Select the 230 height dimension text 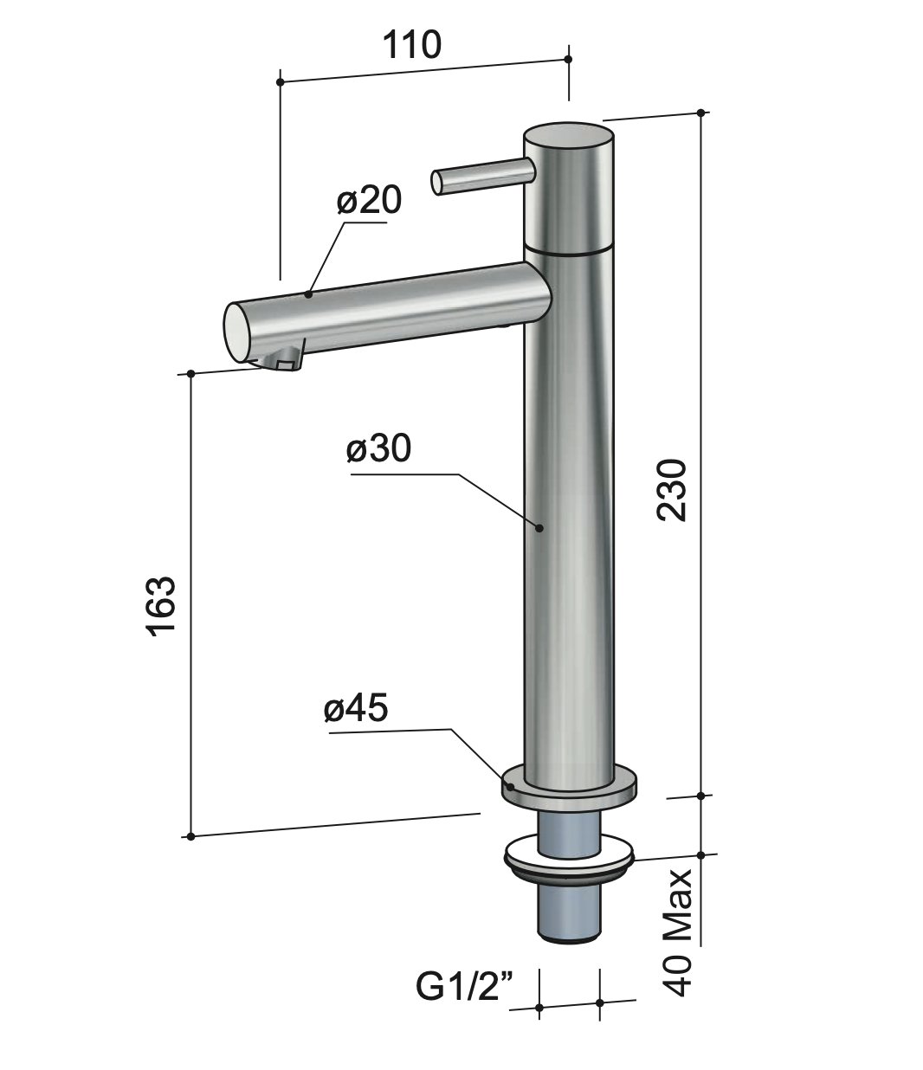click(x=673, y=490)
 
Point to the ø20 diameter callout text click(x=370, y=201)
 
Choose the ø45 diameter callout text click(x=356, y=709)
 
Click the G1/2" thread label click(x=464, y=986)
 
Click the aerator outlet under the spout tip click(x=284, y=362)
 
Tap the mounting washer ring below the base click(x=569, y=857)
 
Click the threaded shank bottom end click(x=568, y=931)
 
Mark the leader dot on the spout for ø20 click(x=309, y=295)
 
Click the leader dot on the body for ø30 click(x=539, y=526)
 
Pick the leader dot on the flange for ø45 click(x=511, y=787)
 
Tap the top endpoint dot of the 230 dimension click(x=700, y=112)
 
